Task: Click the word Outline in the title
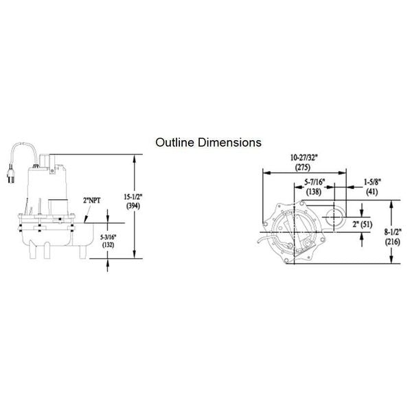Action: (x=175, y=142)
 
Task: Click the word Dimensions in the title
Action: (x=229, y=142)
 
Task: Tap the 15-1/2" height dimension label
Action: (x=133, y=197)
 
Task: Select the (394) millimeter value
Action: (x=133, y=206)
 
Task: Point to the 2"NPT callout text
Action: (x=92, y=201)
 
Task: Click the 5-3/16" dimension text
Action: (x=108, y=237)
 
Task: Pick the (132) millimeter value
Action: (x=108, y=245)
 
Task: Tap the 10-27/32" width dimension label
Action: (x=304, y=158)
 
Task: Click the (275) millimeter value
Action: (x=303, y=167)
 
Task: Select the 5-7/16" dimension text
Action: (x=314, y=182)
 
